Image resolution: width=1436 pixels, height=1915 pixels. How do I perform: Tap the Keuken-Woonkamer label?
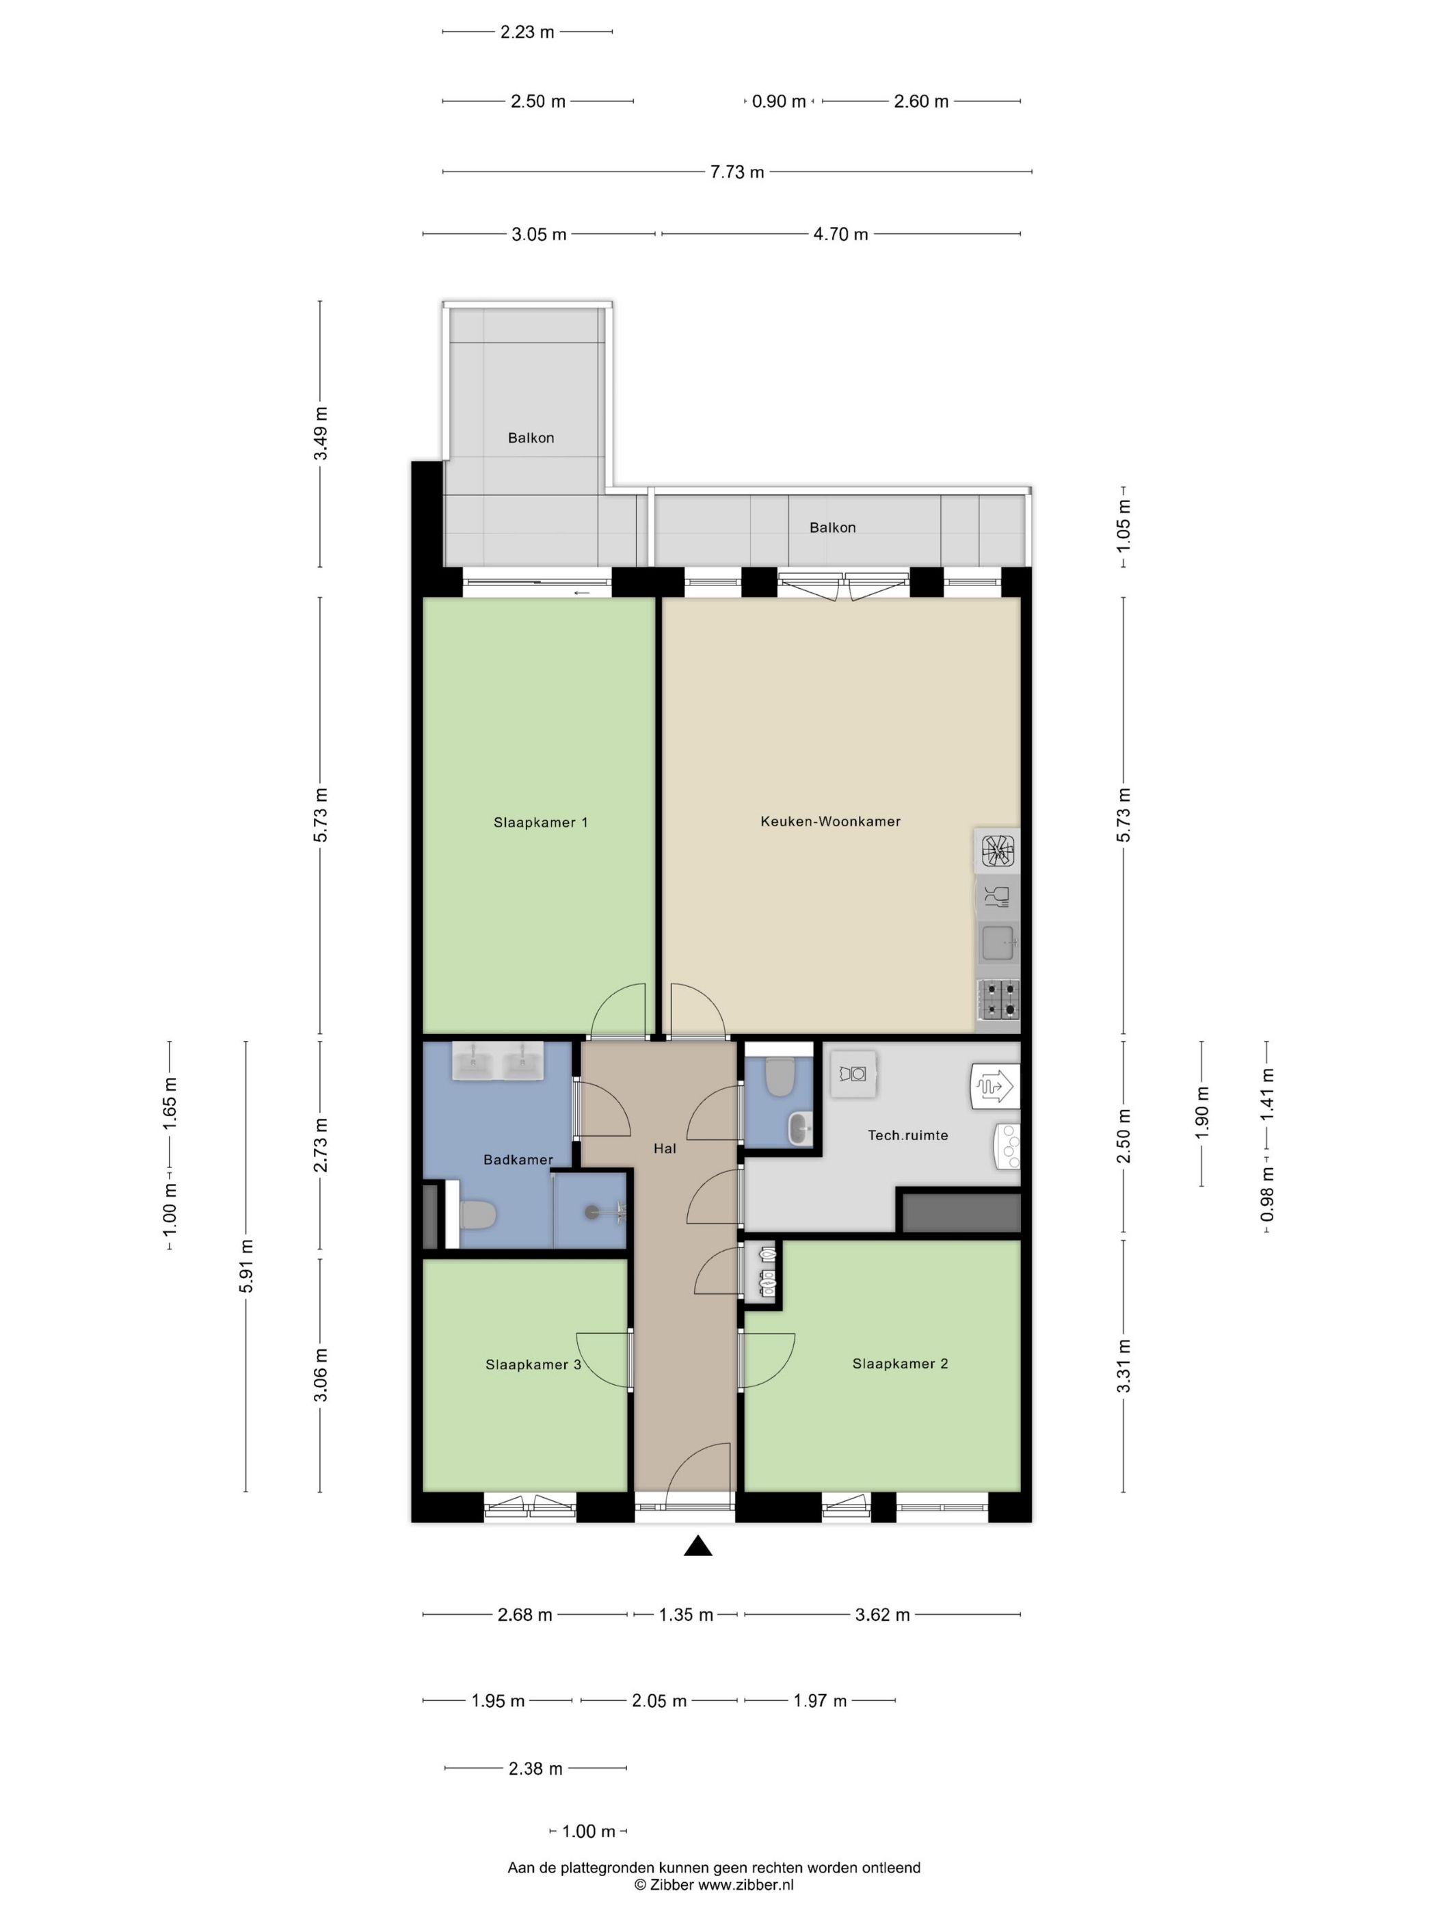click(830, 821)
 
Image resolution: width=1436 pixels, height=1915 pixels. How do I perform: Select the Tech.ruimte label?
click(907, 1134)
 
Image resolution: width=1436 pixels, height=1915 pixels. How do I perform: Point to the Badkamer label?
click(518, 1159)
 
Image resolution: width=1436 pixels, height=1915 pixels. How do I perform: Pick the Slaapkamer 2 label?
click(900, 1364)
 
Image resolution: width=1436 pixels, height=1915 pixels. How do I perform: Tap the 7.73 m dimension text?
click(736, 172)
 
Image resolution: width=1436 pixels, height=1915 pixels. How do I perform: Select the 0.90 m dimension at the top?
click(778, 101)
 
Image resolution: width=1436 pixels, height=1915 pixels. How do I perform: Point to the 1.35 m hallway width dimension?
click(686, 1615)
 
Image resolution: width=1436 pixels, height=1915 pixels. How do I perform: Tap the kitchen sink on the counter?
click(998, 942)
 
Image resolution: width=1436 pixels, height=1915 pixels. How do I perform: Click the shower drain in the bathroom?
click(591, 1211)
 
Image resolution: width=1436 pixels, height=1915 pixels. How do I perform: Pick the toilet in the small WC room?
click(780, 1076)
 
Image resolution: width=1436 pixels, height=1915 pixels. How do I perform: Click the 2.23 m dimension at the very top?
click(527, 32)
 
